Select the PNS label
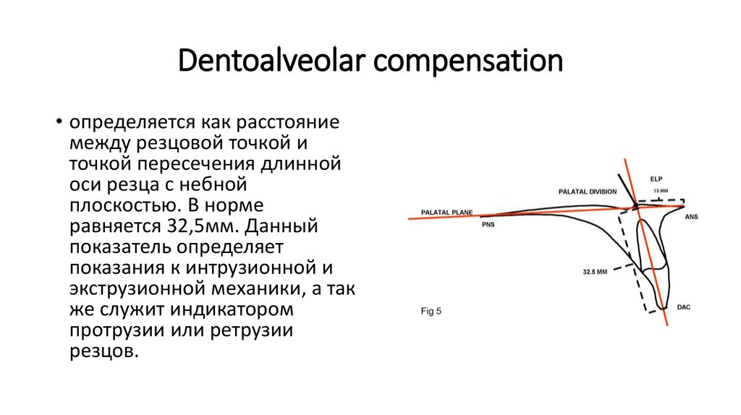pyautogui.click(x=490, y=226)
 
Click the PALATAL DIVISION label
pyautogui.click(x=587, y=192)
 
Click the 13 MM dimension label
pyautogui.click(x=661, y=191)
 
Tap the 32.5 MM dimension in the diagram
pyautogui.click(x=595, y=273)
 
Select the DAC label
pyautogui.click(x=683, y=307)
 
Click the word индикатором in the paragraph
pyautogui.click(x=234, y=310)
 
